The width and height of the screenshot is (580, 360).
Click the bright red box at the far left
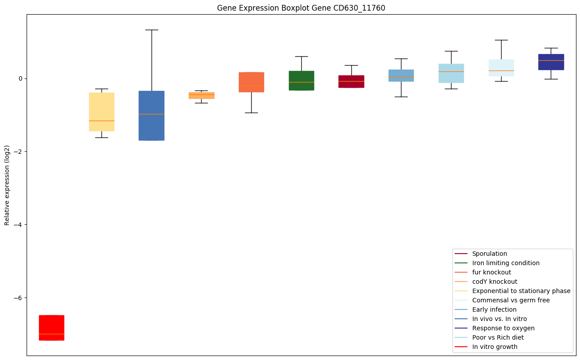(51, 328)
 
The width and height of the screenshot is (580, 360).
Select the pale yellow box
(101, 112)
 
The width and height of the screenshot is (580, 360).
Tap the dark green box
(301, 80)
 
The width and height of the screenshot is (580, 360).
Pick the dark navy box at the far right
(551, 62)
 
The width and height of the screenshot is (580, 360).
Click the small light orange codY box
(202, 95)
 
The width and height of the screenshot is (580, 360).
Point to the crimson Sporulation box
(351, 82)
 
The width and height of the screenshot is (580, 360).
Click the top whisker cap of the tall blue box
(152, 30)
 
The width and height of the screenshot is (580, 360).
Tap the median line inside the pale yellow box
(101, 121)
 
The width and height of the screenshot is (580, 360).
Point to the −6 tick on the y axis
(18, 297)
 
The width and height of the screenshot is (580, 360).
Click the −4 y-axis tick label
(18, 224)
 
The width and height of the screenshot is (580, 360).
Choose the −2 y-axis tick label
(18, 152)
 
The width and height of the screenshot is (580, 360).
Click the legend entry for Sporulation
(489, 254)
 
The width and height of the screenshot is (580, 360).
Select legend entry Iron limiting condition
(506, 263)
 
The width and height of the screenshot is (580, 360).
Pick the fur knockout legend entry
(491, 272)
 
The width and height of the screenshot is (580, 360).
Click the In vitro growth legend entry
(494, 347)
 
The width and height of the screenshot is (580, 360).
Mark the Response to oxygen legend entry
(503, 328)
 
